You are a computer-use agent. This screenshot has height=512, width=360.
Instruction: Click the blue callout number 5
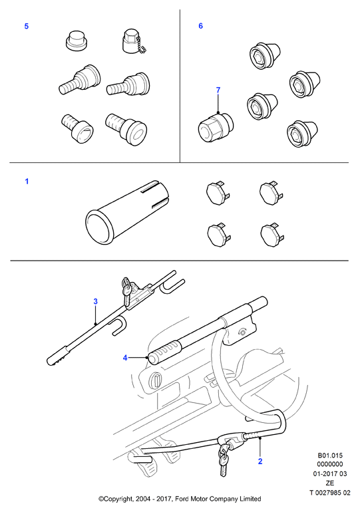27,26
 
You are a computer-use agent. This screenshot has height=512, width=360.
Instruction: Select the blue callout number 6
200,26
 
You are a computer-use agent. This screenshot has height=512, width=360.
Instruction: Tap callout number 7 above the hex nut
218,90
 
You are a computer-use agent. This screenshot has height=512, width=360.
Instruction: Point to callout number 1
27,182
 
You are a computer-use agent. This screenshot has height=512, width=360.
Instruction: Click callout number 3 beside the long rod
95,301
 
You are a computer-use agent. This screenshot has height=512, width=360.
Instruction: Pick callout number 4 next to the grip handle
125,358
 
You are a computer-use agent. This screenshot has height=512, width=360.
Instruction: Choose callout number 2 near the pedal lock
260,461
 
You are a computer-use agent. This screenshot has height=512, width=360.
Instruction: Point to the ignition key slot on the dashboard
156,381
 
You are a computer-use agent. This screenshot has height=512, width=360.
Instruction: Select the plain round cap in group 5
77,41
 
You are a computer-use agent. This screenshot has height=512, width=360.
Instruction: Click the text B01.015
330,455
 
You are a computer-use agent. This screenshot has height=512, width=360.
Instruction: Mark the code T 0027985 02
330,493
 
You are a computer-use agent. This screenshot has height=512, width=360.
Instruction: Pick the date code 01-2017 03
330,474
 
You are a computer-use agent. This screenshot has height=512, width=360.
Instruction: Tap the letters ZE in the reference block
330,483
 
